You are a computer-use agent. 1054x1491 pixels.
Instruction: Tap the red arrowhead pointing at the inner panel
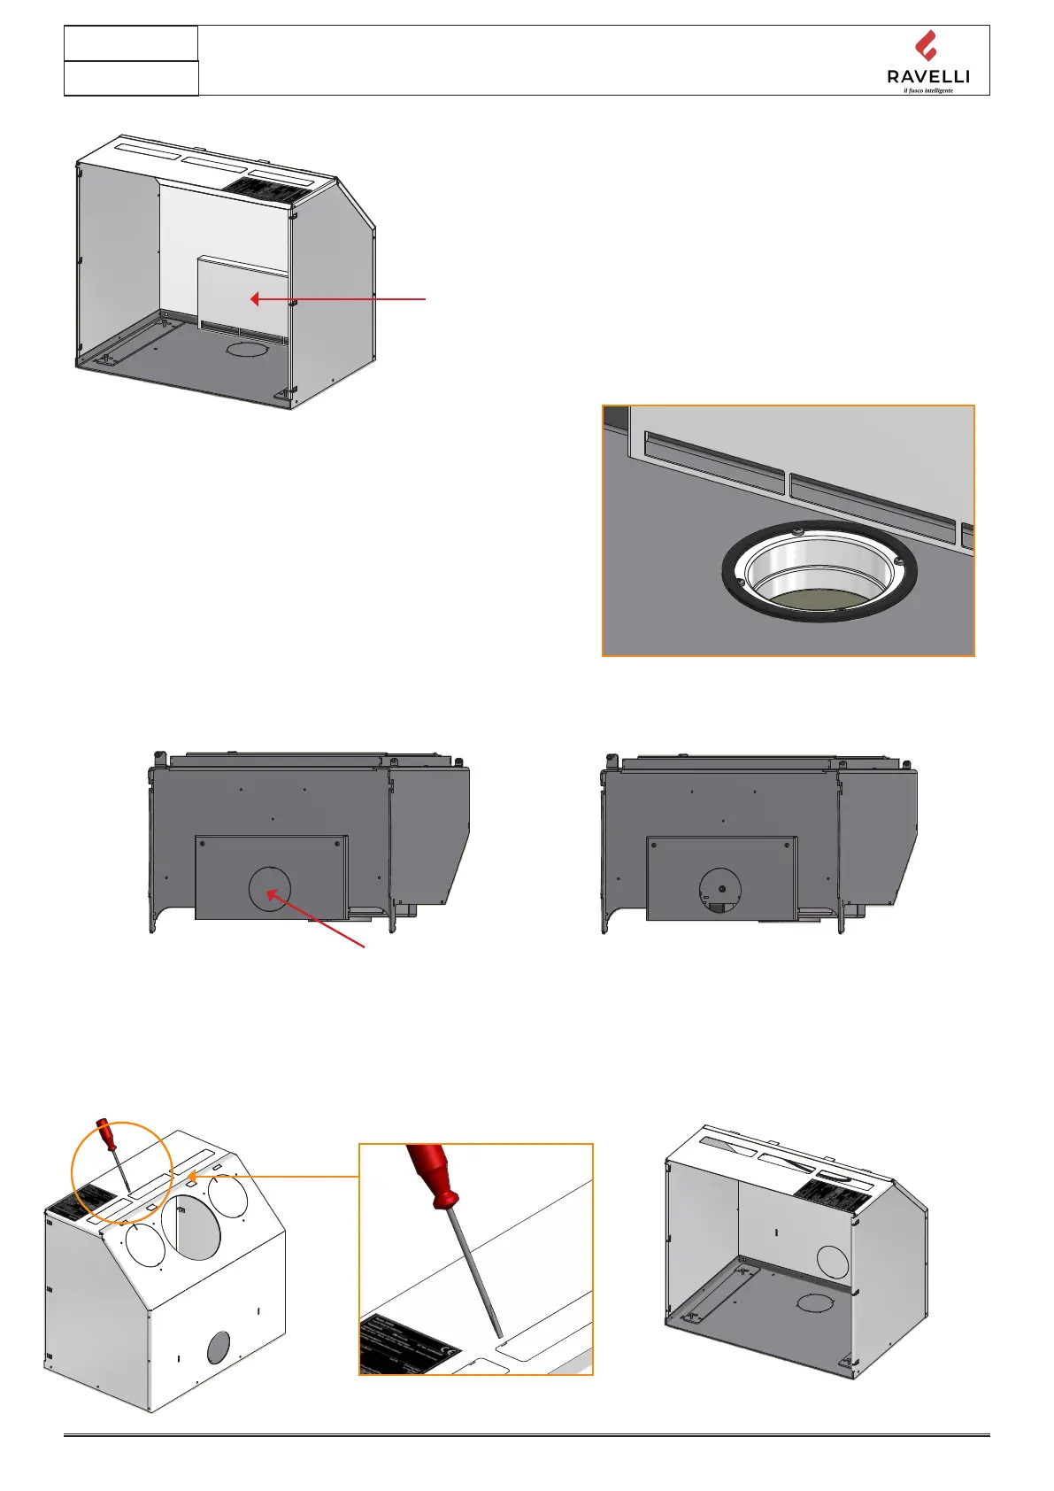[255, 299]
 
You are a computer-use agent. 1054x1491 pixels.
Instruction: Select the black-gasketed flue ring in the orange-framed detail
[819, 571]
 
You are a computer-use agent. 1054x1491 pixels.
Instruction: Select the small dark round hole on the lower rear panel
[218, 1348]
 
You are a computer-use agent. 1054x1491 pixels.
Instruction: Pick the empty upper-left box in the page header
[131, 43]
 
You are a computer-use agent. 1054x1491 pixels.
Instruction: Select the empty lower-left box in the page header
[131, 78]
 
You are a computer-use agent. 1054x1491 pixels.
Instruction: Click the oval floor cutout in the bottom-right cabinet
[814, 1302]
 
